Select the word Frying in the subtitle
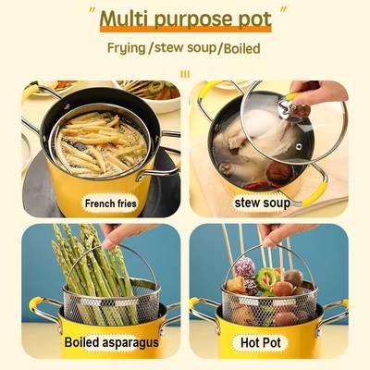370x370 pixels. click(127, 48)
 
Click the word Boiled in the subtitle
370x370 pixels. click(242, 49)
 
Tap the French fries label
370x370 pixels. click(110, 203)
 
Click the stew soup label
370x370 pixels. click(262, 203)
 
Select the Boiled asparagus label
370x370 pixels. click(112, 342)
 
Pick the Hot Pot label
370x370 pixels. click(261, 342)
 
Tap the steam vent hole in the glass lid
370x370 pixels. click(299, 146)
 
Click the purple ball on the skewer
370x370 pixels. click(244, 267)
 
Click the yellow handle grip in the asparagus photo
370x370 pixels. click(34, 304)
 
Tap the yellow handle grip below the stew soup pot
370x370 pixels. click(314, 193)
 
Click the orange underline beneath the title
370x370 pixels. click(186, 30)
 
